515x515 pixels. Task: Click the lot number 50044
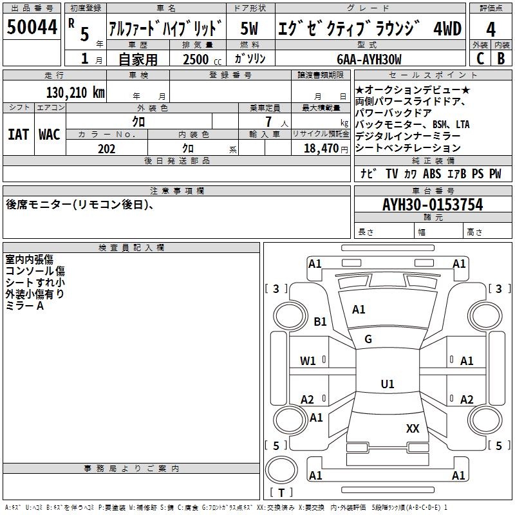32,27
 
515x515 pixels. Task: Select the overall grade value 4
491,30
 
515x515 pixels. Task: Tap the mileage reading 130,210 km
75,93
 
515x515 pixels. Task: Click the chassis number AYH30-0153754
433,205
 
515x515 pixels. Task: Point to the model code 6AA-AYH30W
369,59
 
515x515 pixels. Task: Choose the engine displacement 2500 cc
202,59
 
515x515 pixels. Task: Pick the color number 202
106,149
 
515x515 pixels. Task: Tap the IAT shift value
18,135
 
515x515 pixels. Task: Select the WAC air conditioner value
50,135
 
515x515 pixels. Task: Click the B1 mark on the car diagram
320,321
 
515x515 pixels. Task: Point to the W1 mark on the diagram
308,361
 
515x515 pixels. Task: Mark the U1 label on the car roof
388,384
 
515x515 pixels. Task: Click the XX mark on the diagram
413,428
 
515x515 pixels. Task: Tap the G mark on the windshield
368,339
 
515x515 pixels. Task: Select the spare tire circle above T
281,470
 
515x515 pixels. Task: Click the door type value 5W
249,28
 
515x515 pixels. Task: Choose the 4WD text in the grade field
447,28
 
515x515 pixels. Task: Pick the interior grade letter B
501,59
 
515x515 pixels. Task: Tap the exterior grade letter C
480,59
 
